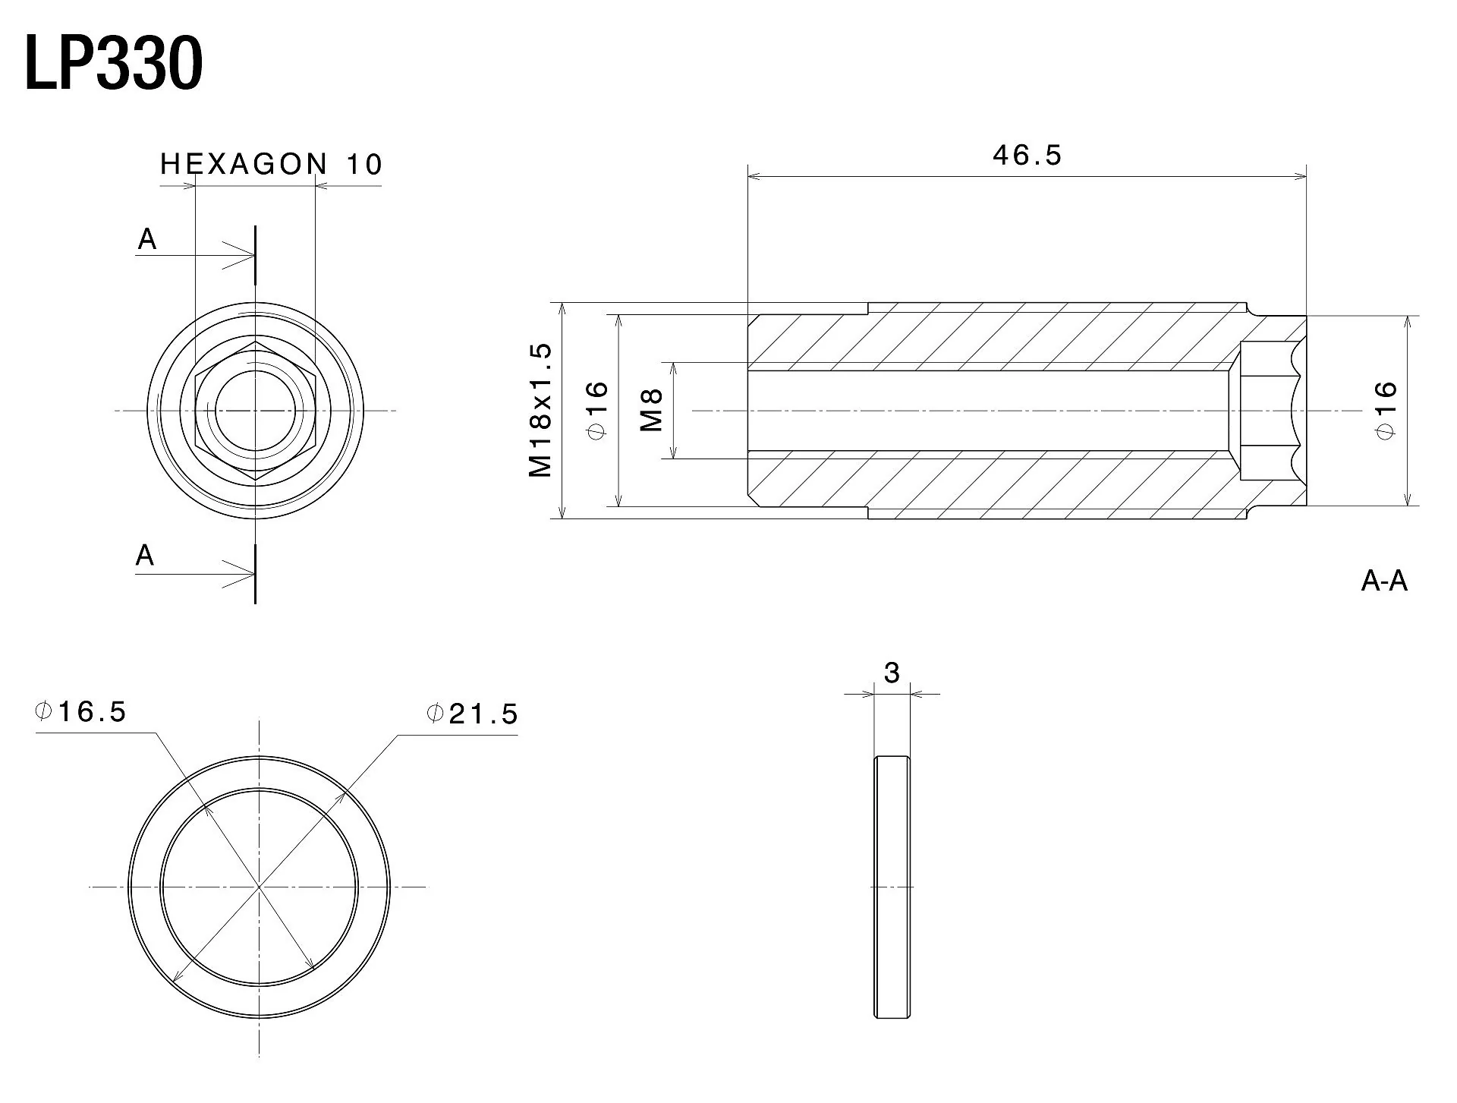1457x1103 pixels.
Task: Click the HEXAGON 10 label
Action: (x=272, y=164)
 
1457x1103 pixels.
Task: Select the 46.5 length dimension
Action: (x=1027, y=155)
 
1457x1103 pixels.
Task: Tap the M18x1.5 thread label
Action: (x=540, y=410)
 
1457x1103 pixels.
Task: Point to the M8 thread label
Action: (x=651, y=410)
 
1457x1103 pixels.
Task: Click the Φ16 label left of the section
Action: (x=597, y=410)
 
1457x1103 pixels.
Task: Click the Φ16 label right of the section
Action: (x=1386, y=410)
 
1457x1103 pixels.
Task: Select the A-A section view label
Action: (x=1384, y=581)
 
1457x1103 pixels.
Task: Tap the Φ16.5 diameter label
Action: (x=80, y=712)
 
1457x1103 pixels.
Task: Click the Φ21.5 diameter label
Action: (x=472, y=714)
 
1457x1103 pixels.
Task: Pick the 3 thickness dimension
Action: (x=892, y=673)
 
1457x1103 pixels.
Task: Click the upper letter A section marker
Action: (x=146, y=240)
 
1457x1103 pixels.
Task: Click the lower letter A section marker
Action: (x=145, y=556)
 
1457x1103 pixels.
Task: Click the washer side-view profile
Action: (x=892, y=887)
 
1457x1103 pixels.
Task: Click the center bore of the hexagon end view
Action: (x=255, y=411)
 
